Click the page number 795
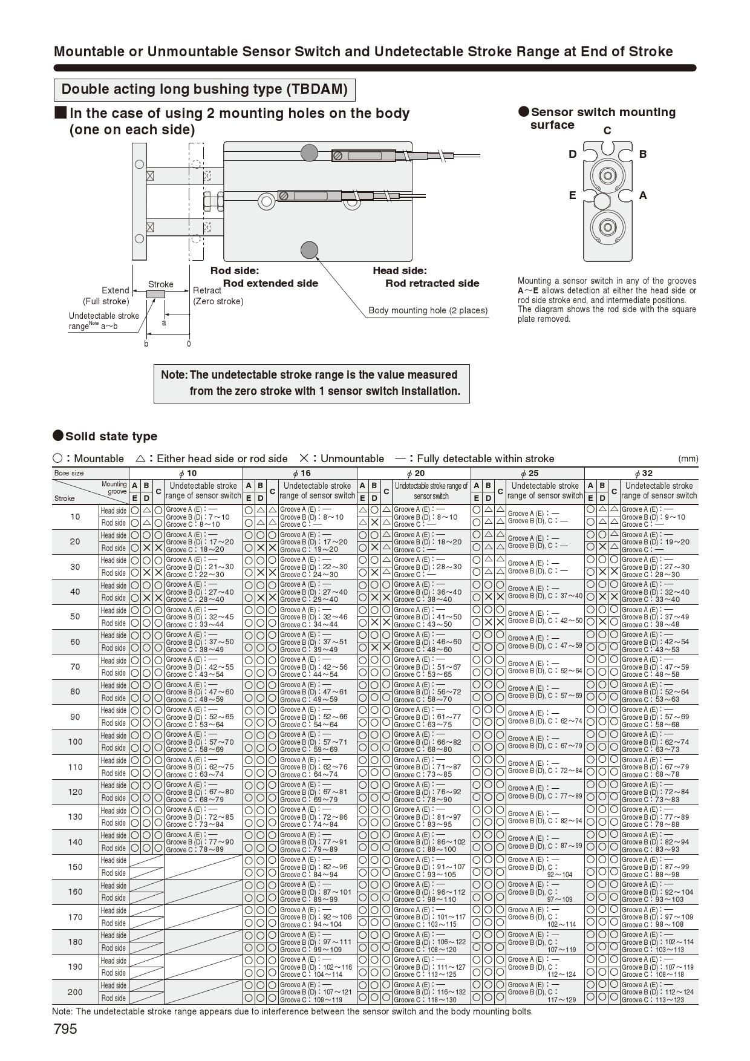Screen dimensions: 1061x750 pos(65,1029)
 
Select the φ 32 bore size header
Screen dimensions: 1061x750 pos(642,473)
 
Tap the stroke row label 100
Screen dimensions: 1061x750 pos(75,742)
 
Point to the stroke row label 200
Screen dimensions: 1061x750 pos(75,992)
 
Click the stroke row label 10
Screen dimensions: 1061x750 pos(75,517)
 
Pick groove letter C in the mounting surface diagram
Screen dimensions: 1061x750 pos(607,131)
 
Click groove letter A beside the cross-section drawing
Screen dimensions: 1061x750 pos(643,195)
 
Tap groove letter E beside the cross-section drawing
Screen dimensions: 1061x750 pos(572,195)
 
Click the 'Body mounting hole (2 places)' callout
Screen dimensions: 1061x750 pos(428,310)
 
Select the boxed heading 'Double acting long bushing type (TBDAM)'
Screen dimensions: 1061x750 pos(204,90)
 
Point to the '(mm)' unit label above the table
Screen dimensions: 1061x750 pos(688,459)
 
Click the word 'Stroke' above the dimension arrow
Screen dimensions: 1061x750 pos(161,284)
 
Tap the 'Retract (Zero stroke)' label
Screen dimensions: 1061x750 pos(218,296)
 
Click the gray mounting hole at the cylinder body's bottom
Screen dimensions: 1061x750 pos(309,250)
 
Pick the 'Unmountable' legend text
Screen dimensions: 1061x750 pos(352,459)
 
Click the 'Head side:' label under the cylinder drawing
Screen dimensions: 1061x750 pos(399,271)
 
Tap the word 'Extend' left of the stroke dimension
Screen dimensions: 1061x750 pos(115,290)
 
